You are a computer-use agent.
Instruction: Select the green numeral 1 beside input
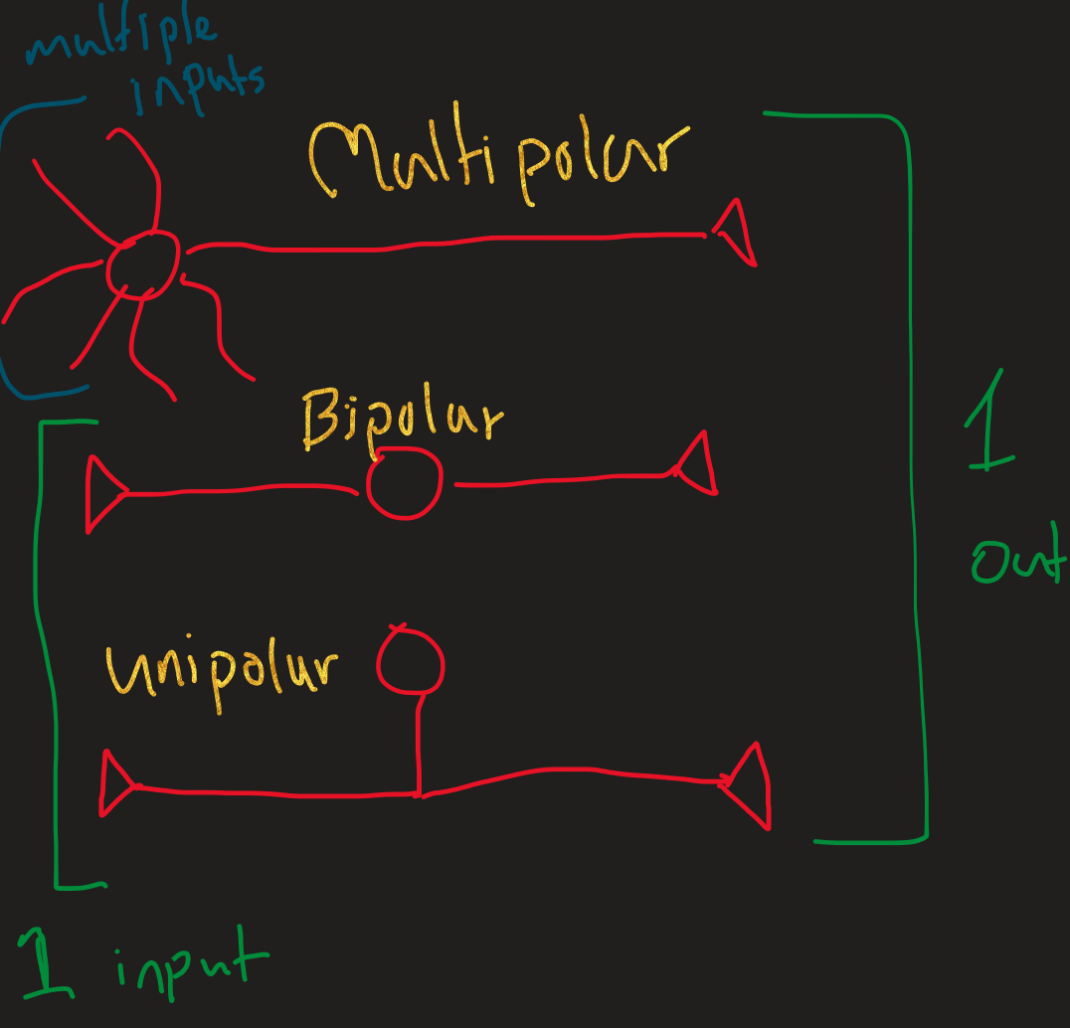(x=44, y=962)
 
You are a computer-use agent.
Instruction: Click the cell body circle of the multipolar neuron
(x=143, y=261)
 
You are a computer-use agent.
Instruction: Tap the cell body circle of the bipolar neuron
(x=404, y=484)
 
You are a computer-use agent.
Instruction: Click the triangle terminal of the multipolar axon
(x=736, y=233)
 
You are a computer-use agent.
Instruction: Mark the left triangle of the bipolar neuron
(x=102, y=493)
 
